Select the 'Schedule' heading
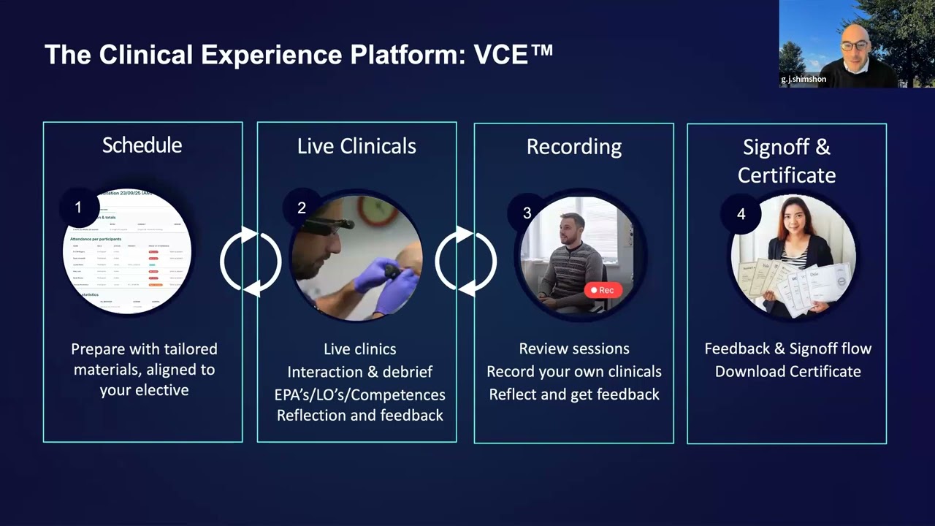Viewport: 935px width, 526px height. [x=142, y=145]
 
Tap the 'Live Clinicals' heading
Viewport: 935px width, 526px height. [x=356, y=146]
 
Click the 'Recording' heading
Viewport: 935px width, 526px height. [x=574, y=147]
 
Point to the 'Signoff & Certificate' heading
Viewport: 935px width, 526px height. [x=787, y=161]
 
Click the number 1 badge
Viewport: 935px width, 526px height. [x=79, y=207]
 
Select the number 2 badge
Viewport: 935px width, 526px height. [x=301, y=208]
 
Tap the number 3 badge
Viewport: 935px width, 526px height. [x=527, y=213]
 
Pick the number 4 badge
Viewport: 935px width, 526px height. [x=741, y=214]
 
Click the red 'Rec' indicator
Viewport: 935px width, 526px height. [x=603, y=290]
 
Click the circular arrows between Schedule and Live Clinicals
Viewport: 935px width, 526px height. [x=251, y=262]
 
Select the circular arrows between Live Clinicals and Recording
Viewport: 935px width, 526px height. [x=465, y=262]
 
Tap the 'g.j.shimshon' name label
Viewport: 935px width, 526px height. [x=804, y=80]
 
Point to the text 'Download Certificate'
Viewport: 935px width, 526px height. [x=787, y=371]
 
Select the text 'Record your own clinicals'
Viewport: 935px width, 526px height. [x=574, y=371]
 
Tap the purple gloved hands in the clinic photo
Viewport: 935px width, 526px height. [x=387, y=281]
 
